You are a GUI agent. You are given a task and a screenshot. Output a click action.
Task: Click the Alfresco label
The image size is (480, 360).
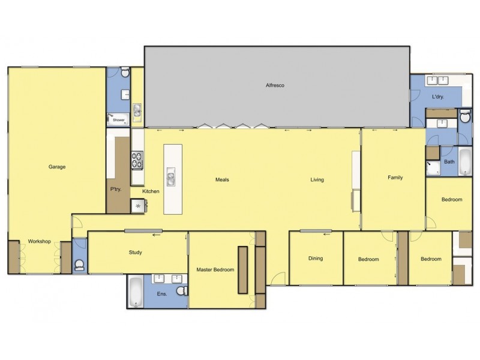pyautogui.click(x=275, y=86)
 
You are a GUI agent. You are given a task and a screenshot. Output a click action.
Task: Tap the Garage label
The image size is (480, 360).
pyautogui.click(x=57, y=167)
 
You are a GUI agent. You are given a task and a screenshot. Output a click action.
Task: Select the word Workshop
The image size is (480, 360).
pyautogui.click(x=40, y=242)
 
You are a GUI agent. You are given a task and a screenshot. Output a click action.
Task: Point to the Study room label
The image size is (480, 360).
pyautogui.click(x=136, y=252)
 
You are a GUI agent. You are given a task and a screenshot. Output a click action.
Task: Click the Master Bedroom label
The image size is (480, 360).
pyautogui.click(x=215, y=270)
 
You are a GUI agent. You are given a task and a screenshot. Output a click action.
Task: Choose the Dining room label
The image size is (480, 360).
pyautogui.click(x=316, y=259)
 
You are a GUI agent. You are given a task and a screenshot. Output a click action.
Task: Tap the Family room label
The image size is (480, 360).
pyautogui.click(x=395, y=178)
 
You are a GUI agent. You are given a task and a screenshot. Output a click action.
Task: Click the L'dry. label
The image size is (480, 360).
pyautogui.click(x=438, y=97)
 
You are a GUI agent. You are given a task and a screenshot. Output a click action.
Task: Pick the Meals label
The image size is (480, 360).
pyautogui.click(x=223, y=179)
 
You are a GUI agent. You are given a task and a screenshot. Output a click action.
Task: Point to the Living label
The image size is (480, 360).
pyautogui.click(x=317, y=179)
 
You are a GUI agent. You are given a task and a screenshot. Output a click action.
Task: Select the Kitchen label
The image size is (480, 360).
pyautogui.click(x=151, y=191)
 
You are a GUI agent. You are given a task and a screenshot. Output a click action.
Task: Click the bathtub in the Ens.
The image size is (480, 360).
pyautogui.click(x=136, y=292)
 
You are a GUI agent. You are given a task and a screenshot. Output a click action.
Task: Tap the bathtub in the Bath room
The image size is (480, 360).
pyautogui.click(x=466, y=162)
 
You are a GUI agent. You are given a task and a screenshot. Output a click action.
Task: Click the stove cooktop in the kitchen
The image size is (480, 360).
pyautogui.click(x=137, y=160)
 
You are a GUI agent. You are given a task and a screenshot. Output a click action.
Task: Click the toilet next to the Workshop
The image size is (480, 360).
pyautogui.click(x=80, y=264)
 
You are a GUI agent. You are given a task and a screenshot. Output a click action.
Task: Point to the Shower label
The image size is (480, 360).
pyautogui.click(x=119, y=120)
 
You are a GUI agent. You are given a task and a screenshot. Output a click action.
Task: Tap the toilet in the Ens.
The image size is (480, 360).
pyautogui.click(x=182, y=291)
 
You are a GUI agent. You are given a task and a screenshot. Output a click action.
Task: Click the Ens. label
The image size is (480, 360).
pyautogui.click(x=162, y=294)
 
